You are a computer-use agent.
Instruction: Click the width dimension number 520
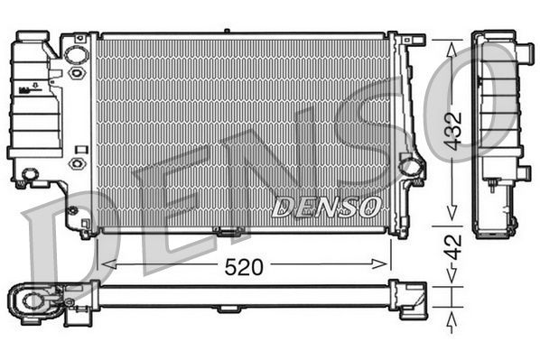click(244, 266)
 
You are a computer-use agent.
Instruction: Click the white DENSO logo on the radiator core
click(325, 208)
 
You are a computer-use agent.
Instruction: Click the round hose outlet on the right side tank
click(411, 166)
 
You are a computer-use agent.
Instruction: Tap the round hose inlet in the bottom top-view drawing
click(33, 299)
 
